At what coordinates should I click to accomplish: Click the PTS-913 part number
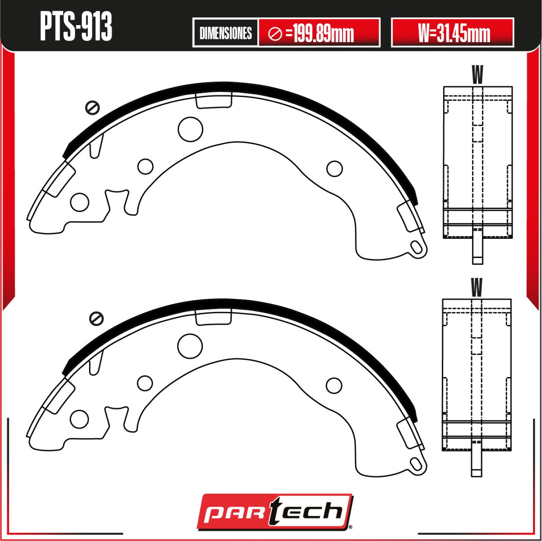tap(76, 27)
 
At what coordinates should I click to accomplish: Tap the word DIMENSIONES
tap(225, 33)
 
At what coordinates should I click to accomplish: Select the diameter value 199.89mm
tap(323, 33)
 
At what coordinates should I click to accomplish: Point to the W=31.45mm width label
tap(454, 33)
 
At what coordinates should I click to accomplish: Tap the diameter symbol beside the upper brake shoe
tap(92, 108)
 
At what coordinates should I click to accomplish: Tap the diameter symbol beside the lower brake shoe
tap(96, 318)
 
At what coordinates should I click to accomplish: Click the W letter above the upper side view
tap(478, 75)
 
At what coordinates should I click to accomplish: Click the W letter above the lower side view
tap(477, 287)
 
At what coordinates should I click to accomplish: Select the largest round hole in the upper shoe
tap(190, 129)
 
